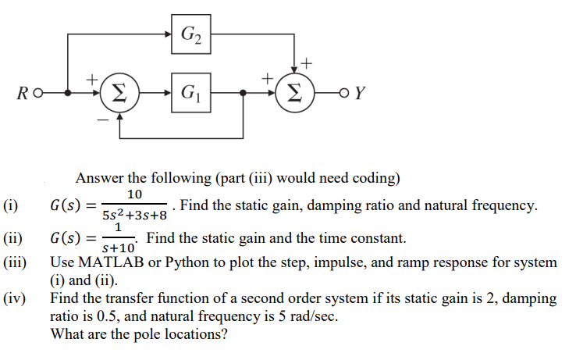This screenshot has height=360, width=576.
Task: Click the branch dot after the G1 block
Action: tap(244, 93)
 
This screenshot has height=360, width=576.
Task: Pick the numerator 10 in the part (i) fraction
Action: tap(134, 194)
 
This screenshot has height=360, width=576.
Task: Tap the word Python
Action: tap(195, 262)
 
